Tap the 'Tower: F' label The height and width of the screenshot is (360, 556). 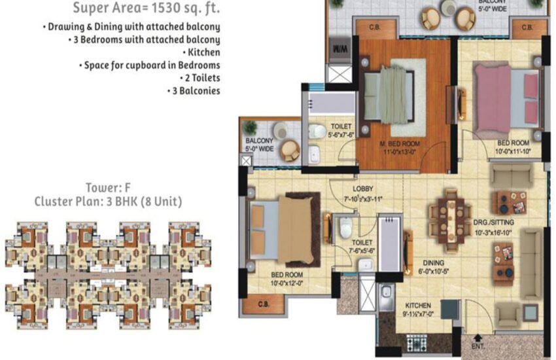point(108,188)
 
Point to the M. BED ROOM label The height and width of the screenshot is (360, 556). point(400,144)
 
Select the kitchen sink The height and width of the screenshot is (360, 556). point(387,293)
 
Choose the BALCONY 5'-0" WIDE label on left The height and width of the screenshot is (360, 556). point(259,144)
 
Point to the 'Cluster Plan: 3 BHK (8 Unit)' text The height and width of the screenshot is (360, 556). point(108,202)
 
